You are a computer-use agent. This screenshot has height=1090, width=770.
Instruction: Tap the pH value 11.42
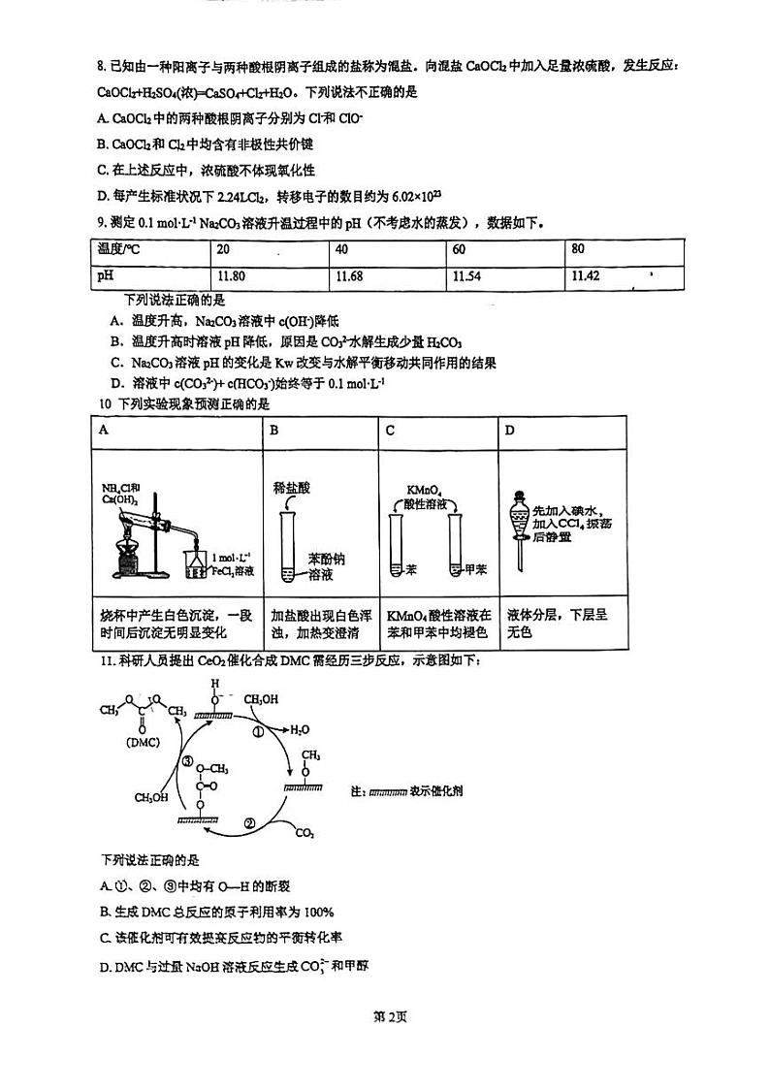(586, 276)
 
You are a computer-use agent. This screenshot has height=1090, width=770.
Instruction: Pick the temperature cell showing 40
(340, 249)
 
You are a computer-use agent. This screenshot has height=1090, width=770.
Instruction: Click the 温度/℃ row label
(118, 249)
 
